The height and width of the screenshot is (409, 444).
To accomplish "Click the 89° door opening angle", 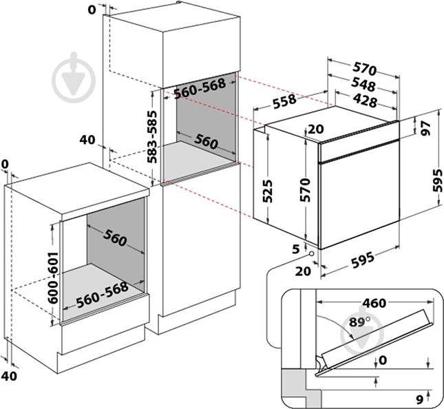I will (x=357, y=320).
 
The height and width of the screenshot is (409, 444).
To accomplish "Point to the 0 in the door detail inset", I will (x=383, y=359).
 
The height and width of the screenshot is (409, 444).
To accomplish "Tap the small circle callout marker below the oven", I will (x=313, y=255).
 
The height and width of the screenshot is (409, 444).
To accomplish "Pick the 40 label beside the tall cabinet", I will (x=86, y=140).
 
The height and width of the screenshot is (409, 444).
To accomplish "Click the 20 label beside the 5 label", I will (x=302, y=271).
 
